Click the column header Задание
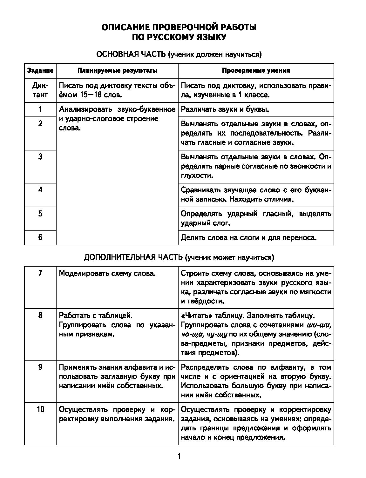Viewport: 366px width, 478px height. (x=40, y=71)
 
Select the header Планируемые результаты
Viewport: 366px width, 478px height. (x=117, y=71)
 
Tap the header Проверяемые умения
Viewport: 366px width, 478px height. (x=256, y=71)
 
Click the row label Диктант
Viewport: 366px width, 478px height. (x=40, y=90)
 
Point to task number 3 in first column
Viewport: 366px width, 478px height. (x=40, y=157)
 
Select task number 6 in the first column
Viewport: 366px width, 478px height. (x=40, y=237)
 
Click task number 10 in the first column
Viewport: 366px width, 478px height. (x=40, y=409)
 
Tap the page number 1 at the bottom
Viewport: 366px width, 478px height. (x=179, y=457)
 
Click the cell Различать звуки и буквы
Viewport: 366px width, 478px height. (x=225, y=110)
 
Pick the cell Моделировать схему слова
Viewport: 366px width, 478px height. (x=107, y=273)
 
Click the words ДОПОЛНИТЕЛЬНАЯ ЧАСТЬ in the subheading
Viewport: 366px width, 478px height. (x=133, y=257)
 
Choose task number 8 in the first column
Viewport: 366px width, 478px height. (x=40, y=316)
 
